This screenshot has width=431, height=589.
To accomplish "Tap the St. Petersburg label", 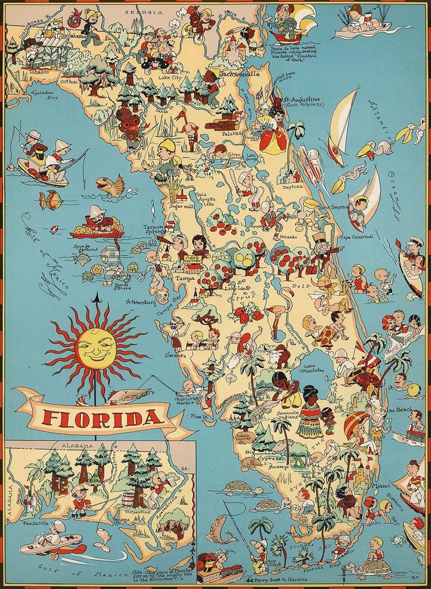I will [141, 300].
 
